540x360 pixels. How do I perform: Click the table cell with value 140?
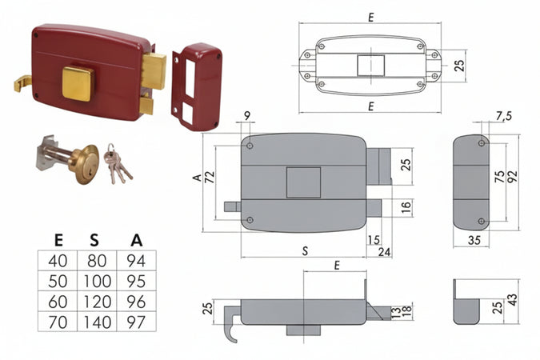pyautogui.click(x=97, y=322)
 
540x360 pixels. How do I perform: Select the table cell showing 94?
pyautogui.click(x=136, y=261)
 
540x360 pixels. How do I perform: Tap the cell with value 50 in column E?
pyautogui.click(x=58, y=281)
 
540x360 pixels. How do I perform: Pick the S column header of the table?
pyautogui.click(x=94, y=240)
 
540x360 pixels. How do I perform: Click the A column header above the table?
pyautogui.click(x=137, y=240)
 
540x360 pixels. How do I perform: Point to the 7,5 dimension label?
pyautogui.click(x=504, y=117)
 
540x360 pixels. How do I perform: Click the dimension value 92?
pyautogui.click(x=513, y=177)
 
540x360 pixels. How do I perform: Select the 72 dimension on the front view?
pyautogui.click(x=210, y=177)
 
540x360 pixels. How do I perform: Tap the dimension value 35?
pyautogui.click(x=474, y=240)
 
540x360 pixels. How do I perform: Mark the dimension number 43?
pyautogui.click(x=512, y=300)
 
